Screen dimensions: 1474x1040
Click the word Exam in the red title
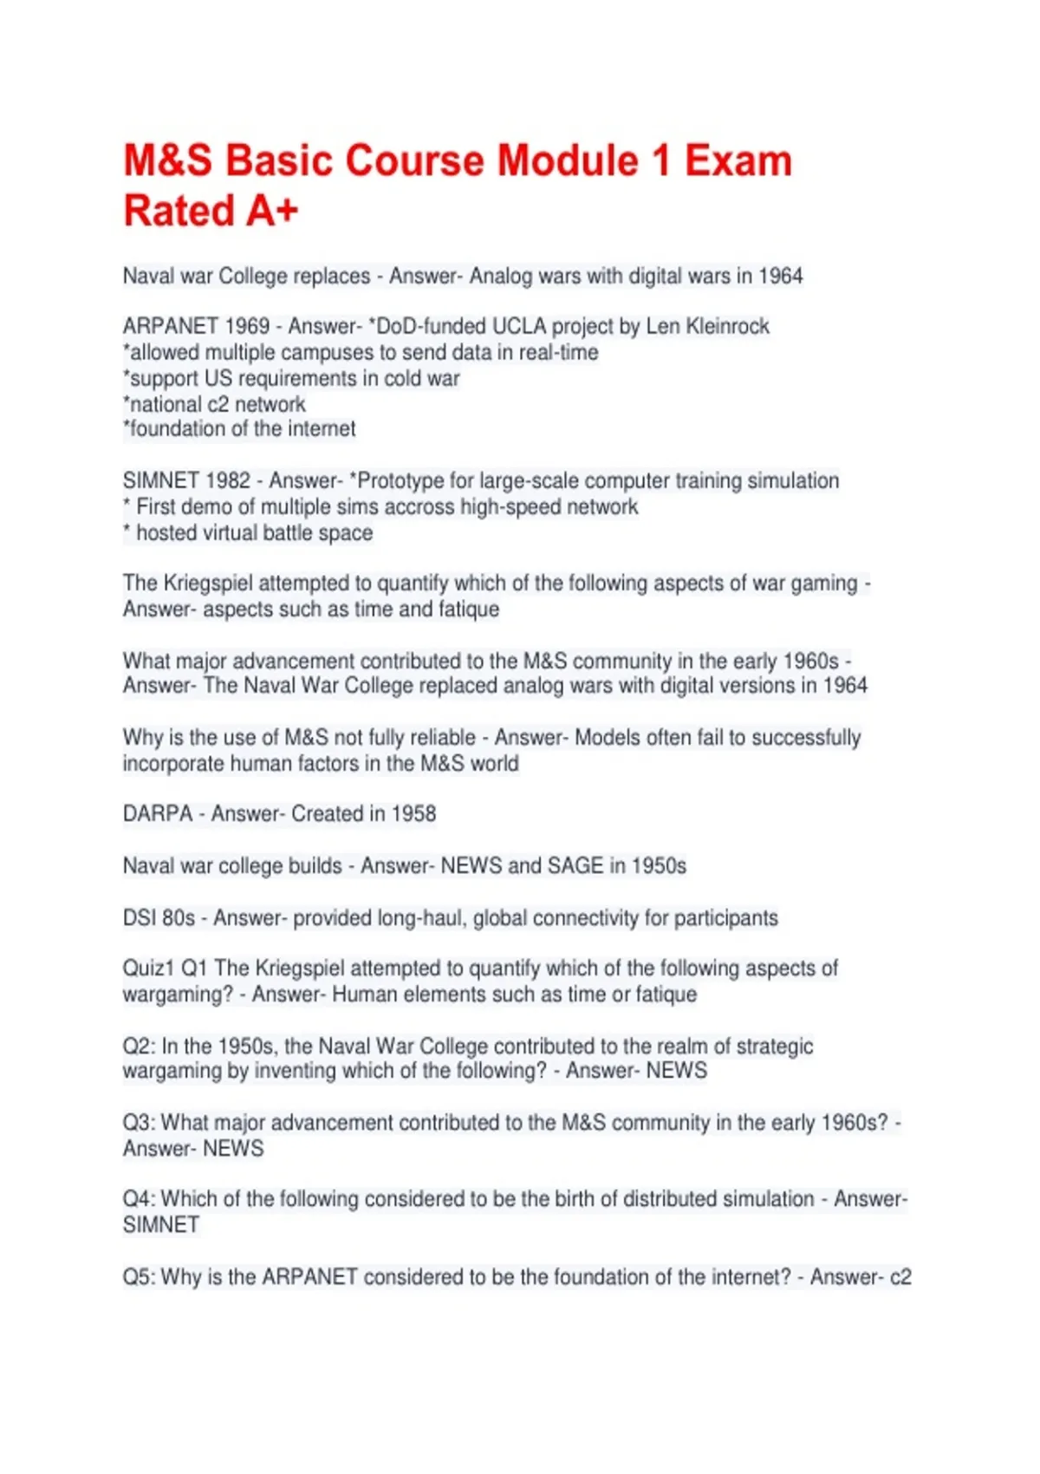coord(738,161)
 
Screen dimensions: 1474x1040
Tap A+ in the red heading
coord(272,211)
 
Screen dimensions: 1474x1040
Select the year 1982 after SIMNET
coord(227,480)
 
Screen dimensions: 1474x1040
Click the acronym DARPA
coord(158,813)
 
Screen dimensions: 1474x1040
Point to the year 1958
coord(413,813)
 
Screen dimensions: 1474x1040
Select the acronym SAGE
coord(575,865)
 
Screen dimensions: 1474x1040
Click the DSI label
coord(139,917)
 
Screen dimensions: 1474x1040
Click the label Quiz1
coord(147,968)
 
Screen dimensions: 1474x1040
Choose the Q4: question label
coord(139,1198)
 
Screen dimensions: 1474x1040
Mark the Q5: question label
coord(139,1276)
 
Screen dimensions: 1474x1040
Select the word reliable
coord(441,737)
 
